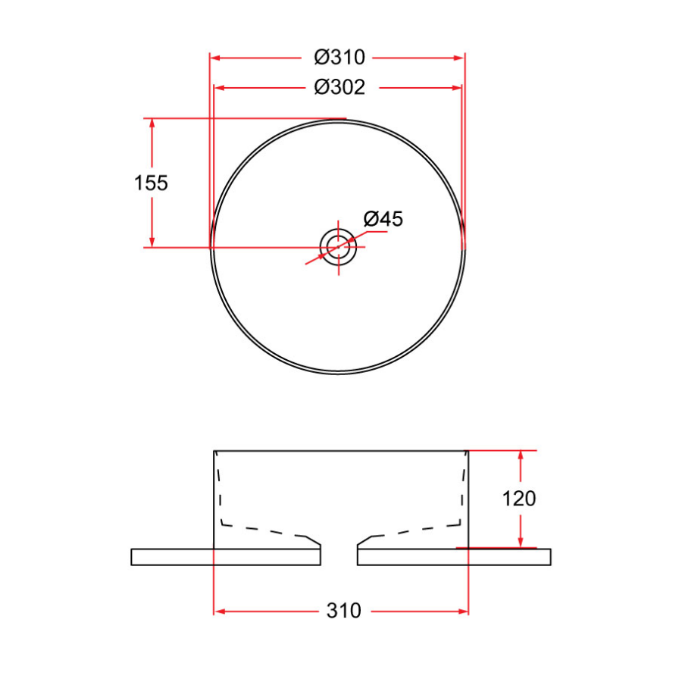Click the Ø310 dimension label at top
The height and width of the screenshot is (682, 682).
(339, 58)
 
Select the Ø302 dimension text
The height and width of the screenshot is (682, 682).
(339, 88)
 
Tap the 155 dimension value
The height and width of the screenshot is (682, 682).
(151, 183)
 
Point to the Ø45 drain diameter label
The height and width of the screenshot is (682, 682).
(383, 220)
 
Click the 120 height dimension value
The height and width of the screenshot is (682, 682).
(519, 499)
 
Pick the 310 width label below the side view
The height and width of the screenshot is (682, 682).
(343, 611)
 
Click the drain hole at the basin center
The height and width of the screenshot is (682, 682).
(339, 246)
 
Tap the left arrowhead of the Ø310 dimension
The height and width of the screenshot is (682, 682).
(214, 58)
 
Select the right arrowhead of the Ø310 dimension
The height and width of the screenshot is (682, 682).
(459, 58)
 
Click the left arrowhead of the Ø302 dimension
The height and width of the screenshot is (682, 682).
(220, 88)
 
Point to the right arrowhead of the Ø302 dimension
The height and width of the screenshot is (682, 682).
(456, 88)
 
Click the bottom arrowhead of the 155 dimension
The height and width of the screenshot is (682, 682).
(152, 242)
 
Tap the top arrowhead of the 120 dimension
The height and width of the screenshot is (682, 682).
(521, 455)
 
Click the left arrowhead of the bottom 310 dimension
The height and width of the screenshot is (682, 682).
(220, 611)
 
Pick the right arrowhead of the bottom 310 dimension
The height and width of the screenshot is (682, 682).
(464, 611)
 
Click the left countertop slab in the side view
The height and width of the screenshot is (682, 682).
(226, 556)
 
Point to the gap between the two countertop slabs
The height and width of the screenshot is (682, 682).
(339, 556)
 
